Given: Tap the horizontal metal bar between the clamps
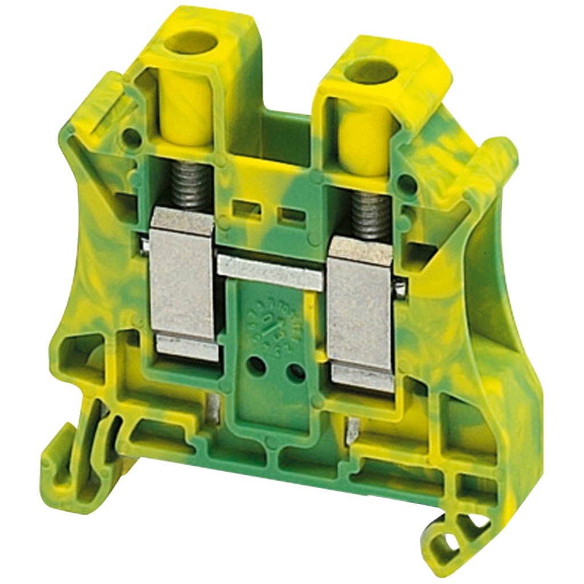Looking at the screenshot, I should coord(270,271).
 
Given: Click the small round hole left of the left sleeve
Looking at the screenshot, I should coord(132,137).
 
